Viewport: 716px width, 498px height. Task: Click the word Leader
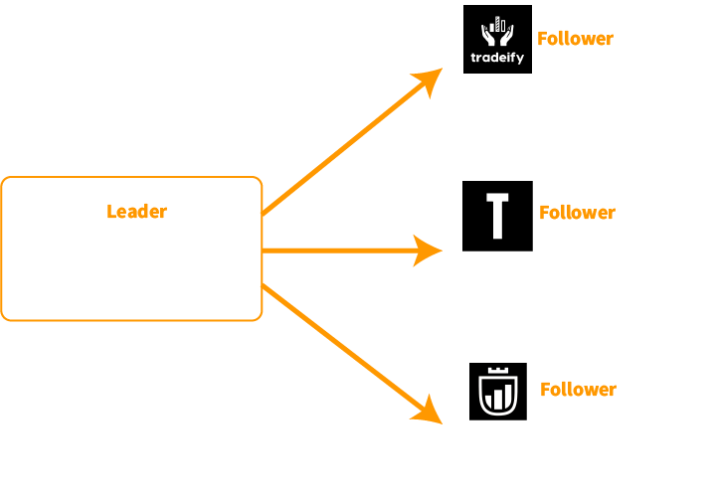[136, 212]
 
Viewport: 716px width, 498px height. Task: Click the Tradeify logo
[497, 39]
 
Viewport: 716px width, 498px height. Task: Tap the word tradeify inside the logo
[497, 58]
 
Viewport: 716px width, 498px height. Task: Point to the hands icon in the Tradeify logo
[497, 38]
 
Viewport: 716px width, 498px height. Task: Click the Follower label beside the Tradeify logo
[575, 39]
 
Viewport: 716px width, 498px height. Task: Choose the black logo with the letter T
[497, 216]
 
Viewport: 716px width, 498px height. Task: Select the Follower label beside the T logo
[577, 213]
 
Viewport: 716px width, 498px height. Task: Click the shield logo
[498, 392]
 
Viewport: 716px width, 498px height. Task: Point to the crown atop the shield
[498, 370]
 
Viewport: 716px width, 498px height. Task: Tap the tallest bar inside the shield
[506, 393]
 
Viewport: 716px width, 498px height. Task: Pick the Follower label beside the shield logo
[578, 390]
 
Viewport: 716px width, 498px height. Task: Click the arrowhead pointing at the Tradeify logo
[431, 81]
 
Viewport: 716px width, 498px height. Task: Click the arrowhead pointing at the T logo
[430, 250]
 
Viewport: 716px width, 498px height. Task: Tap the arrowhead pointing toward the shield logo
[430, 412]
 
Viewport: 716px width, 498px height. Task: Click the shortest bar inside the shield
[490, 402]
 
